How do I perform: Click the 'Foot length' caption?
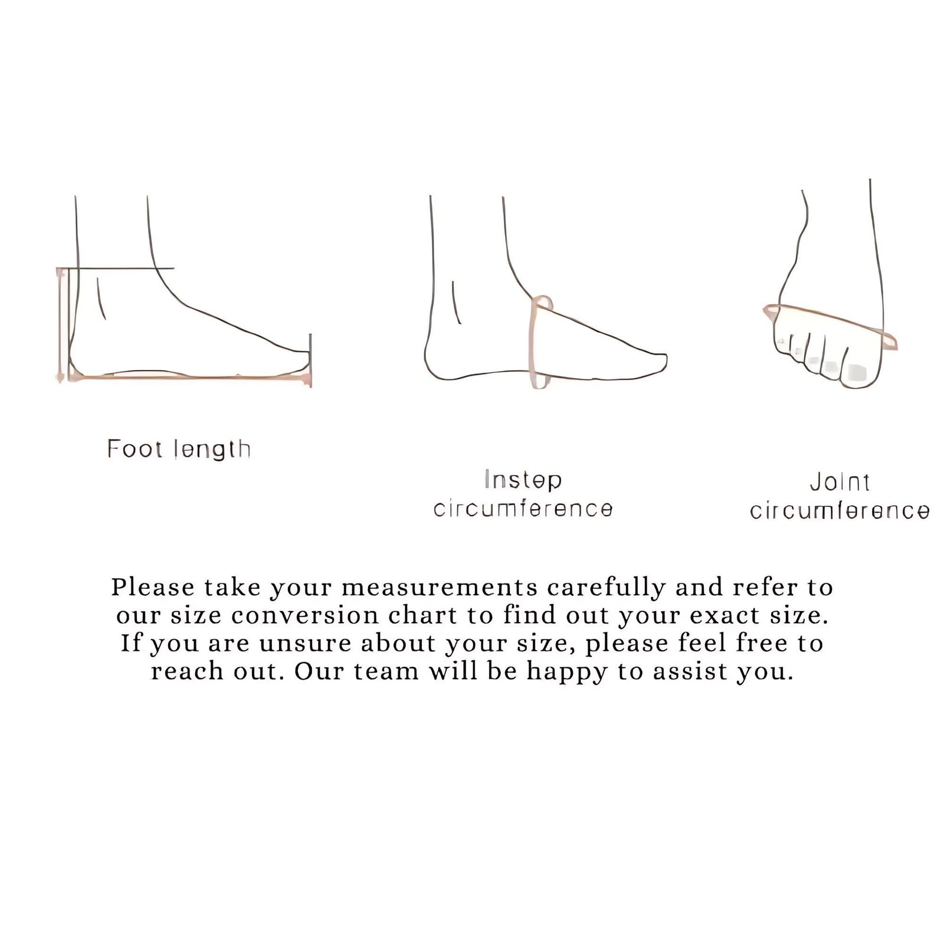click(179, 450)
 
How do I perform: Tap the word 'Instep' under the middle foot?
click(523, 480)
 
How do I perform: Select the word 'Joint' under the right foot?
click(840, 482)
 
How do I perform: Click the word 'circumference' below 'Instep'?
click(523, 509)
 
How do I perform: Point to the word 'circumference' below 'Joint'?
click(840, 510)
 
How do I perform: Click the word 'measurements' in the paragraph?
click(440, 588)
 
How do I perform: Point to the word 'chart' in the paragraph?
click(423, 615)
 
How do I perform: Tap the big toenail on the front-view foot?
click(855, 372)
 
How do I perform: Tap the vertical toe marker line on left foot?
click(310, 360)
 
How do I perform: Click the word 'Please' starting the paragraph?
click(153, 588)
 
